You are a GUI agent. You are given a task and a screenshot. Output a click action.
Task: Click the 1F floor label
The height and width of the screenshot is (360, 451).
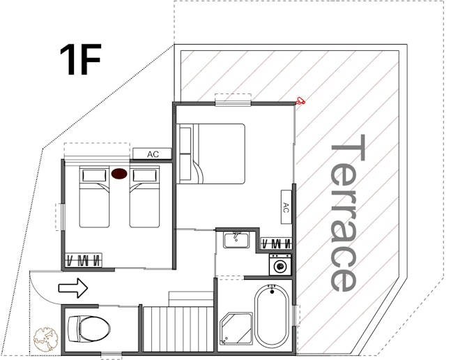(80, 59)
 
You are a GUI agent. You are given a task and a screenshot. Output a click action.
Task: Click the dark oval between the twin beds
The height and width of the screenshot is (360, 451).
(119, 174)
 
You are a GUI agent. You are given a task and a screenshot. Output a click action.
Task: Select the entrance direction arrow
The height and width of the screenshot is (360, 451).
(73, 287)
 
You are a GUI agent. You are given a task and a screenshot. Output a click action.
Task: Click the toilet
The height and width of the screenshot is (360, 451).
(89, 329)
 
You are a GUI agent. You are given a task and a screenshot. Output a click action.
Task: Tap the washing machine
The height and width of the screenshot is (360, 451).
(280, 264)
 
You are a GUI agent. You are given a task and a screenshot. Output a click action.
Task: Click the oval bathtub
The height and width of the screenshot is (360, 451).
(272, 315)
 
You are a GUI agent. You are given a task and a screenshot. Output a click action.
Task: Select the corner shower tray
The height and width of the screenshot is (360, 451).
(236, 329)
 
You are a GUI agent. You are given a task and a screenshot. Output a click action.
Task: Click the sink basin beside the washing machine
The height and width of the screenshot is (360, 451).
(236, 240)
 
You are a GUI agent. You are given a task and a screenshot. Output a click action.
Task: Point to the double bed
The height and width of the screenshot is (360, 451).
(211, 153)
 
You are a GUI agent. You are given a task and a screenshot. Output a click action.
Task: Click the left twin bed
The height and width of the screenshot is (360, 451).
(94, 197)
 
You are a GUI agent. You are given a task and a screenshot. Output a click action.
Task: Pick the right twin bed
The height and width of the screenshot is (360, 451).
(144, 197)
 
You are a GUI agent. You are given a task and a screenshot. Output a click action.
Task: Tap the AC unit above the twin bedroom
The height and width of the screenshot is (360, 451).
(153, 154)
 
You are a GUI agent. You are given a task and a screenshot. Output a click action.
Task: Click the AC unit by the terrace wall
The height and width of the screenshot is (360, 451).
(286, 207)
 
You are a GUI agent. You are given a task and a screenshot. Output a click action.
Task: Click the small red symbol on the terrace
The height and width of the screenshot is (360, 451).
(300, 100)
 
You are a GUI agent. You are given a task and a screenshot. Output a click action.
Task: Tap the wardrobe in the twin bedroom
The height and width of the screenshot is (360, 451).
(84, 260)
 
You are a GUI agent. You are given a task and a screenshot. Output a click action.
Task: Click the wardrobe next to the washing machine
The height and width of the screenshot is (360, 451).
(276, 243)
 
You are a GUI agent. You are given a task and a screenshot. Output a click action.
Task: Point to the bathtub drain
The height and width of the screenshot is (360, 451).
(272, 292)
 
